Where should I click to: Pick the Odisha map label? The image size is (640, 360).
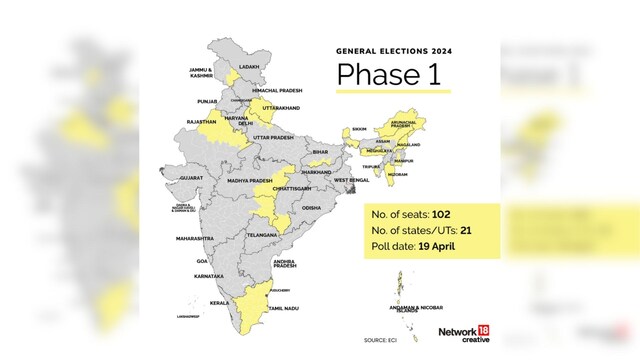(312, 208)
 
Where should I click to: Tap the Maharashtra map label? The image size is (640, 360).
(196, 239)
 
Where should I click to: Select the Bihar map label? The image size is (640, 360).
(320, 152)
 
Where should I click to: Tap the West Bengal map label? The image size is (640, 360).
(351, 181)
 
